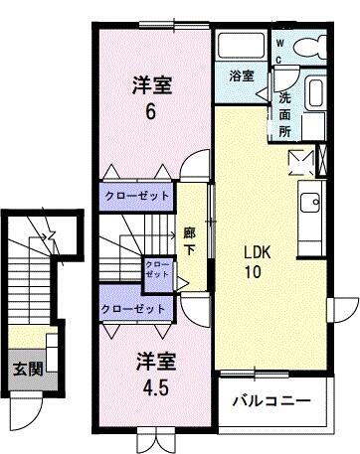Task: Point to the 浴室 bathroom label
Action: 240,76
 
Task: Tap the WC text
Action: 279,52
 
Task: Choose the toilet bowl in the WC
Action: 310,50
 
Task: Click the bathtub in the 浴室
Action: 241,46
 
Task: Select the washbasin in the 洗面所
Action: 312,99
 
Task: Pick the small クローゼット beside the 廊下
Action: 157,271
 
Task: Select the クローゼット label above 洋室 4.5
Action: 134,309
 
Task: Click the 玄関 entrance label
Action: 26,369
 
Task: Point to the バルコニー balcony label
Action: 270,401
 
